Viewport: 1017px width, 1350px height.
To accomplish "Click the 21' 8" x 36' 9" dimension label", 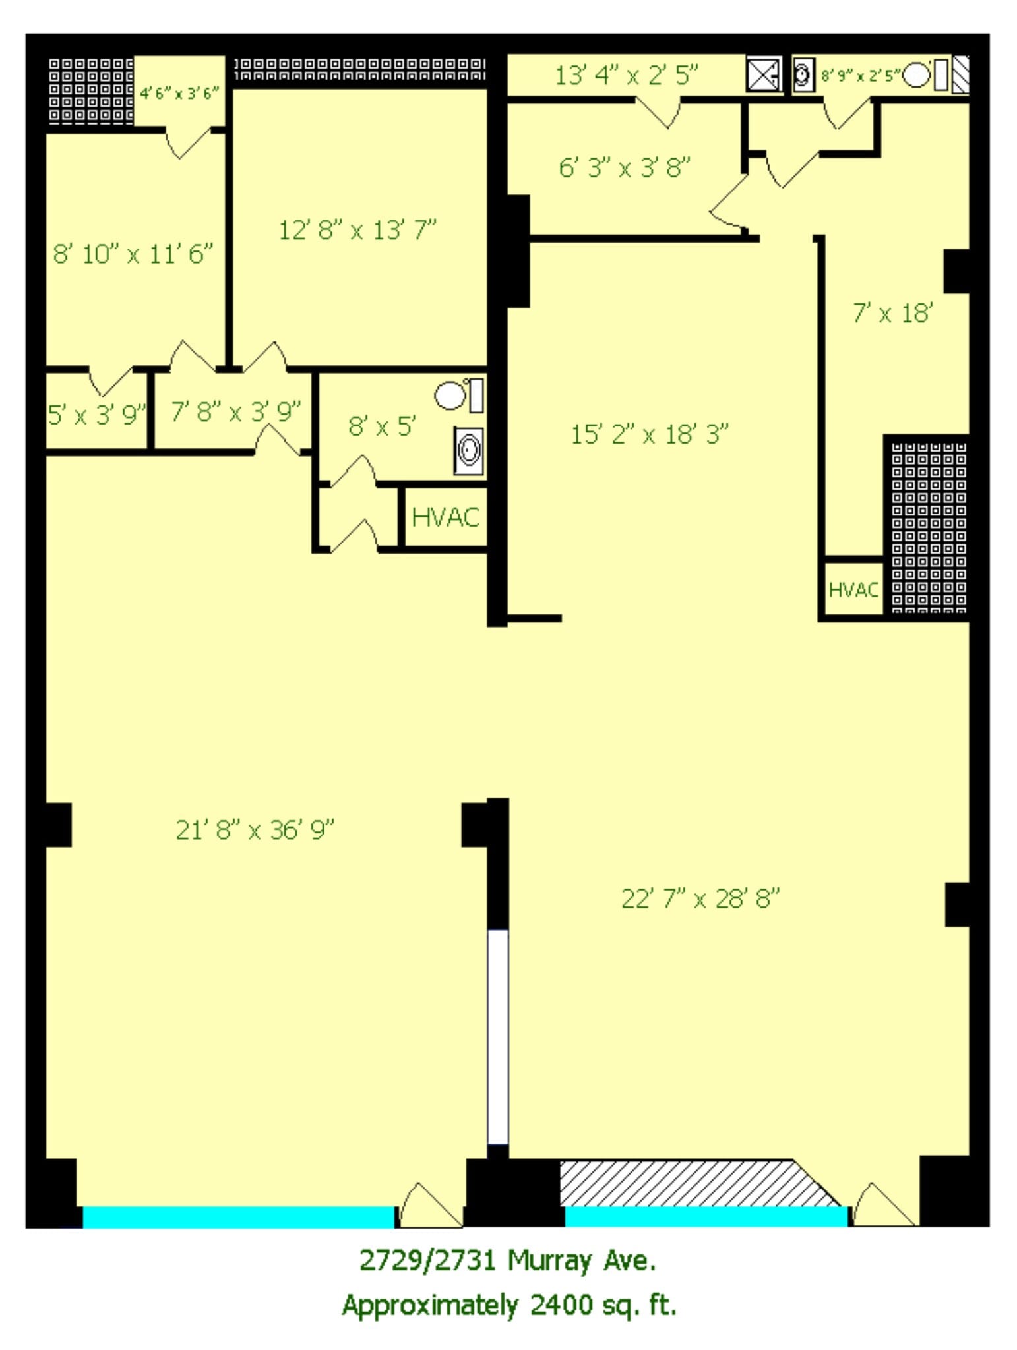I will [x=255, y=829].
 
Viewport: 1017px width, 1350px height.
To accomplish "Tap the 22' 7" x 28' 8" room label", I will [x=700, y=898].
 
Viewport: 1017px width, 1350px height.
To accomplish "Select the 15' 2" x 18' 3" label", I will [x=650, y=434].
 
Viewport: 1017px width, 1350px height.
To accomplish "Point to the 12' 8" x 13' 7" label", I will [x=357, y=230].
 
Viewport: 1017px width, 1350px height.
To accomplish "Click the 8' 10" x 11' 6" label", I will [x=133, y=253].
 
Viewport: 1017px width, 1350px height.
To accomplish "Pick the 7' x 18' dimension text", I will [x=892, y=312].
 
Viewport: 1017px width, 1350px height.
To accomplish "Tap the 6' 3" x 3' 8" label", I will [x=625, y=167].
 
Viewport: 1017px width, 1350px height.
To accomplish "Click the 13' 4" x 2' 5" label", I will [x=626, y=75].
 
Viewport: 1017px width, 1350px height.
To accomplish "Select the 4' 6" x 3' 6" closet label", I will [x=179, y=93].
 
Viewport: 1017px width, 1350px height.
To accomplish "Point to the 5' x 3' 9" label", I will [x=96, y=415].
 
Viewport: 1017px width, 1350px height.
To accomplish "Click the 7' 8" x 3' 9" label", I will [x=235, y=411].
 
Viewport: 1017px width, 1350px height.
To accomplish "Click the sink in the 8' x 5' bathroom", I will [x=469, y=450].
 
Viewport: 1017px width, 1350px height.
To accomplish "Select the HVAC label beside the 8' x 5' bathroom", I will [x=445, y=517].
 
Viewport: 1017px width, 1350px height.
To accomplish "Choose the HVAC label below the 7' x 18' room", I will [x=853, y=589].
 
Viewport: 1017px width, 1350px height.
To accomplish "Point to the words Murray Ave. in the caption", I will [x=582, y=1260].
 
